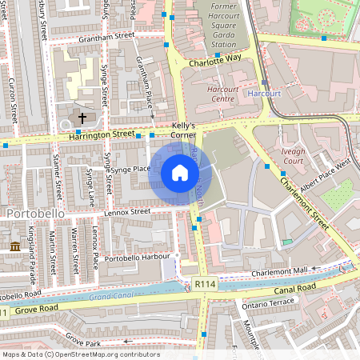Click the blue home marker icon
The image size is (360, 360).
pyautogui.click(x=180, y=173)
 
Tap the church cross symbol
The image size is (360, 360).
pyautogui.click(x=81, y=118)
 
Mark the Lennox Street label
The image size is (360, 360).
pyautogui.click(x=127, y=211)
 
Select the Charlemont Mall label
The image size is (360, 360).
pyautogui.click(x=279, y=272)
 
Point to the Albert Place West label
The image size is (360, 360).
pyautogui.click(x=326, y=171)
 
